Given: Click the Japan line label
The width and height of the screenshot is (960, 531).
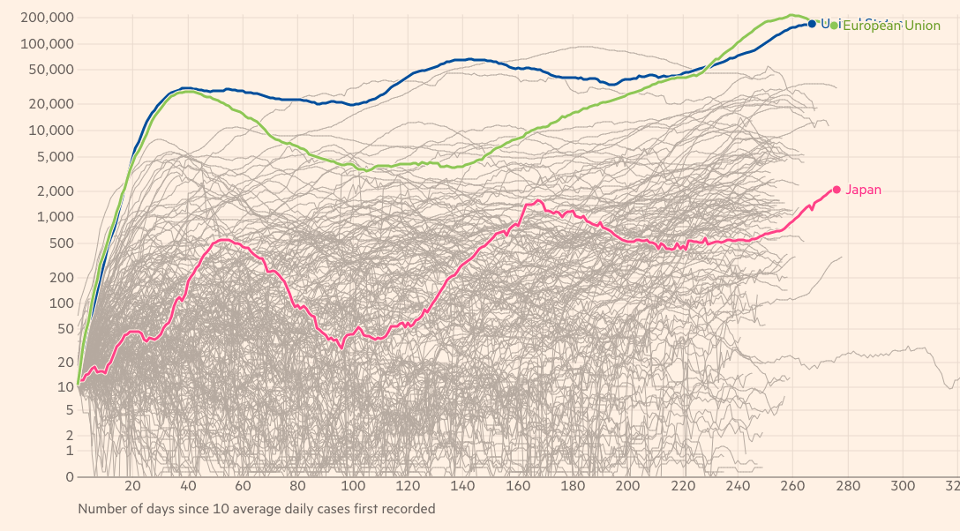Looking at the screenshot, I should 863,190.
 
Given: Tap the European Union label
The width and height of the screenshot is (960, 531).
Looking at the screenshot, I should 891,26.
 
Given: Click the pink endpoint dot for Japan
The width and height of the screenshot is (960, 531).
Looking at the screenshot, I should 836,190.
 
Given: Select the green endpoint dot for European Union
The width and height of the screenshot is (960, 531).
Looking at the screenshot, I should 834,26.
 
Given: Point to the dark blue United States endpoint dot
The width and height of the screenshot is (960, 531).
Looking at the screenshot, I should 813,24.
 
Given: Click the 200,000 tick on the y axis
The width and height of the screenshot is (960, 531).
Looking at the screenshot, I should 49,18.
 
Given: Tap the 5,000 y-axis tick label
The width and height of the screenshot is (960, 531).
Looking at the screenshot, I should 56,157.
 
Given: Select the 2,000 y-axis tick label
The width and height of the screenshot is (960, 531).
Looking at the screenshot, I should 56,191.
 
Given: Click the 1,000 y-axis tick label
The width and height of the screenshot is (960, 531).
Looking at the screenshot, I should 56,217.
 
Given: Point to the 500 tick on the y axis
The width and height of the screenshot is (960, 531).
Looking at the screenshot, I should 62,243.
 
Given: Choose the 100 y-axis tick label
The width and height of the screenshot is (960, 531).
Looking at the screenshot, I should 62,303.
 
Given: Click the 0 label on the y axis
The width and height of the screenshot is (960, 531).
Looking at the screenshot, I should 70,477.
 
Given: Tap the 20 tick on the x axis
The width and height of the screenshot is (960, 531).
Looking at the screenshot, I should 133,487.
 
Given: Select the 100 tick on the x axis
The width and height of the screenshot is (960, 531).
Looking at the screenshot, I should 353,487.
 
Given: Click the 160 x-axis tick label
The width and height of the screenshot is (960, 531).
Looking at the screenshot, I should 518,487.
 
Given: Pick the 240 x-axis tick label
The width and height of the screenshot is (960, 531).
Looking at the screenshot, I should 738,487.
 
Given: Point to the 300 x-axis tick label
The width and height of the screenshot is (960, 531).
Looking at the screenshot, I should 903,487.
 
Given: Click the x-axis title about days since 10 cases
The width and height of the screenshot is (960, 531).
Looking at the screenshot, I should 256,509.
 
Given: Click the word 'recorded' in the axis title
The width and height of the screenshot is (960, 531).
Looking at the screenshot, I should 408,509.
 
